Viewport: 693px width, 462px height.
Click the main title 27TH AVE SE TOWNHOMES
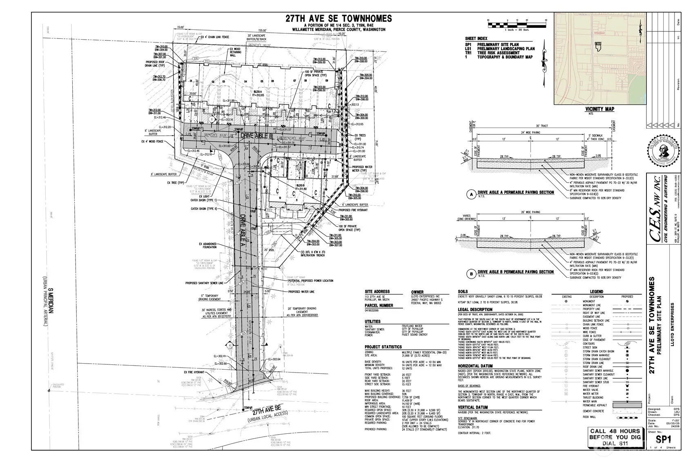(x=339, y=18)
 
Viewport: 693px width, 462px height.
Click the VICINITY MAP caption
(x=599, y=109)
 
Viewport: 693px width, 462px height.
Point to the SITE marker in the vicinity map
(x=598, y=43)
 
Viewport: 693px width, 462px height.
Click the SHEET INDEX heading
(x=476, y=39)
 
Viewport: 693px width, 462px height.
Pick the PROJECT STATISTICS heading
(x=383, y=347)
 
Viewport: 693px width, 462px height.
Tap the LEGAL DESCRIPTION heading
(x=475, y=310)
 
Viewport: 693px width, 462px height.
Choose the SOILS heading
(x=463, y=292)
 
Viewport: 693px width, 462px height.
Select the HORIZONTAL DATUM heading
(x=475, y=366)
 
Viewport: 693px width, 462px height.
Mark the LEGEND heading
(x=596, y=292)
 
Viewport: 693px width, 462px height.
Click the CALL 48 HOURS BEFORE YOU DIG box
(x=615, y=437)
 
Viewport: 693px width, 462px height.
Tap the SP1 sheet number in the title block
(x=664, y=439)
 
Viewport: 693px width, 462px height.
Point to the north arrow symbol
(x=544, y=65)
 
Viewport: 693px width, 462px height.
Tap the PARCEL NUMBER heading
(x=379, y=306)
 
